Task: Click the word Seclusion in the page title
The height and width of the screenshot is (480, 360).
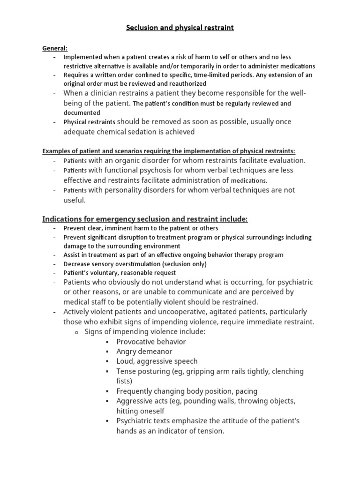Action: click(142, 28)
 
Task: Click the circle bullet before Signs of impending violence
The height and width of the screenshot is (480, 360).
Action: click(78, 332)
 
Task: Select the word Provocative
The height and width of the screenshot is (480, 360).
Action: click(136, 342)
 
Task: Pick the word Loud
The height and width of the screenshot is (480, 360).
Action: click(125, 361)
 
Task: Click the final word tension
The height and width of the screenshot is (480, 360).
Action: click(211, 430)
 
